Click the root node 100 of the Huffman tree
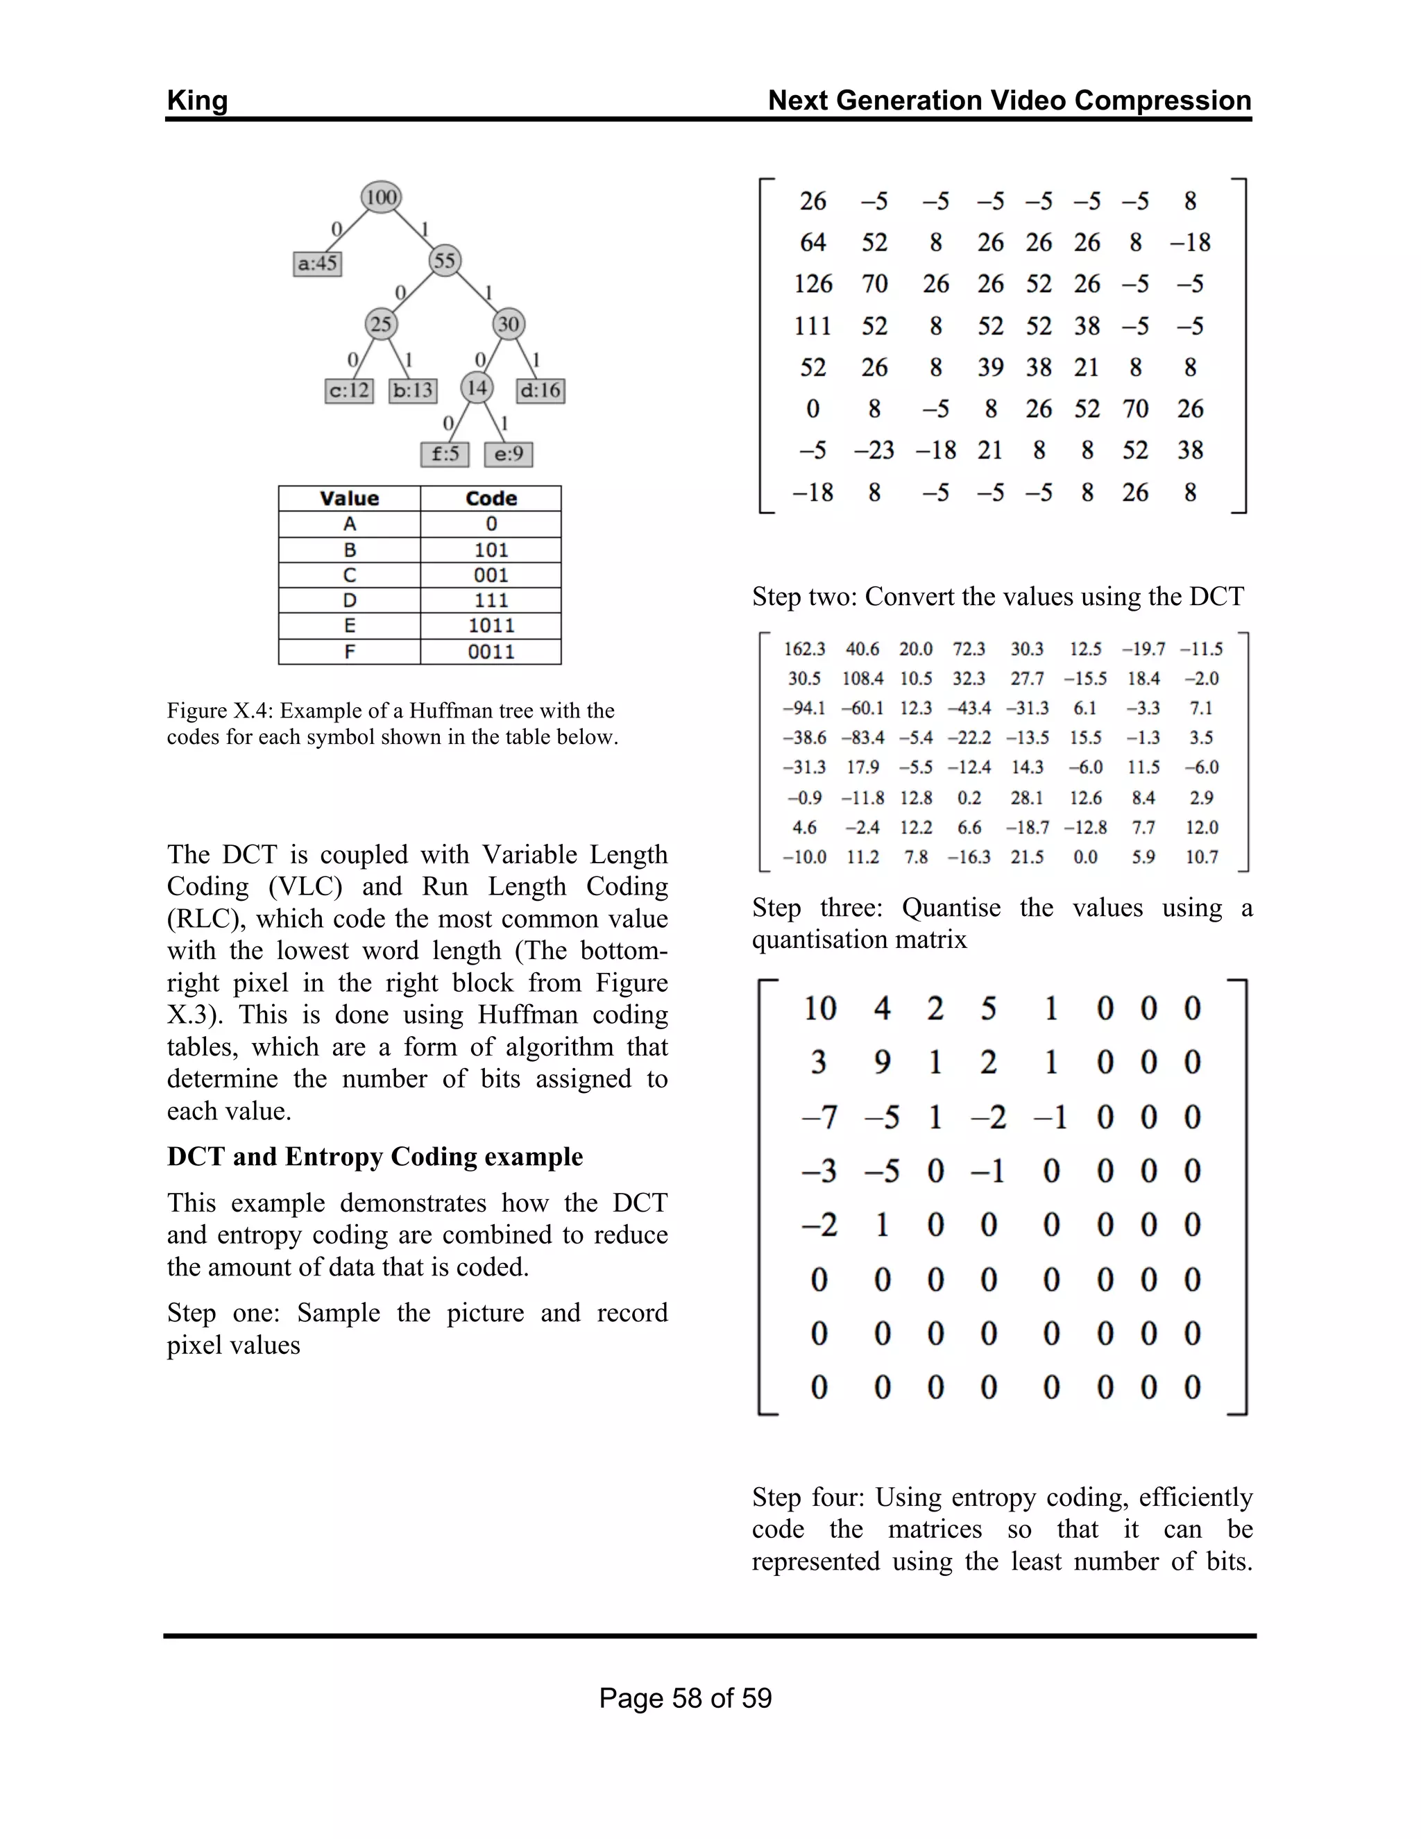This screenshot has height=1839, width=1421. [382, 197]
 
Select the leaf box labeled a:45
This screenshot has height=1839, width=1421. [317, 264]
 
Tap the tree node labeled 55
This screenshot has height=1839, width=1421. [445, 260]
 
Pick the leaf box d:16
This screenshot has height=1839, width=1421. [541, 391]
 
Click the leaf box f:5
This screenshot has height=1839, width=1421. [445, 455]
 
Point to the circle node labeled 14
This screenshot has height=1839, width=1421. [477, 388]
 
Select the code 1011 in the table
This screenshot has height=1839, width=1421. [491, 626]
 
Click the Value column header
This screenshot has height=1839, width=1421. [350, 498]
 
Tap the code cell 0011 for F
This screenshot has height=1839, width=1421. [491, 652]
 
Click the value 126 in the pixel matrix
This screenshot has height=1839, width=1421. [812, 284]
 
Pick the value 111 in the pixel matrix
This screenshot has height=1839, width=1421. [812, 326]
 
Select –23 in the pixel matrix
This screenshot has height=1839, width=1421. [874, 450]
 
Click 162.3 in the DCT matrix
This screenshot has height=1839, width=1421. [804, 650]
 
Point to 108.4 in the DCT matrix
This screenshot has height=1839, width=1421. [862, 679]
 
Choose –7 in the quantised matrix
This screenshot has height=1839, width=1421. [819, 1118]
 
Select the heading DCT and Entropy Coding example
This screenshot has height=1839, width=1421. [375, 1157]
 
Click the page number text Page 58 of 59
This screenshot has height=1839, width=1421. [686, 1697]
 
